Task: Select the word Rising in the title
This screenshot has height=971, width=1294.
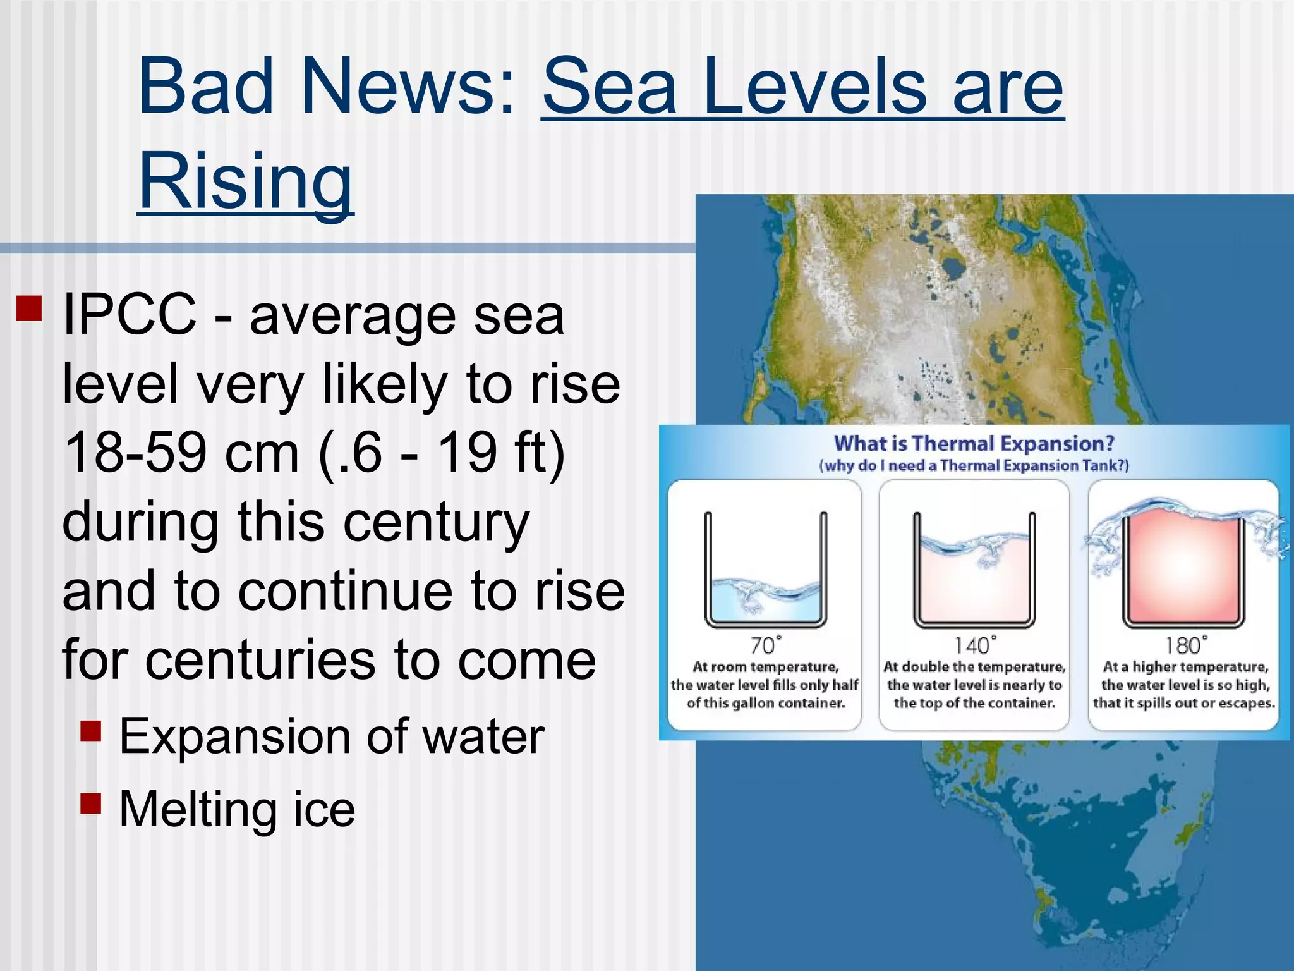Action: coord(245,180)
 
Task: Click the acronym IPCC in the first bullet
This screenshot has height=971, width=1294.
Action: coord(130,314)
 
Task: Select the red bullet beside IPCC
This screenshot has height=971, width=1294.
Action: coord(29,308)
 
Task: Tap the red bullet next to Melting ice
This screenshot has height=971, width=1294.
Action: coord(91,803)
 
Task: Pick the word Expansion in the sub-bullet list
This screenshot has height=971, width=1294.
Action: coord(236,736)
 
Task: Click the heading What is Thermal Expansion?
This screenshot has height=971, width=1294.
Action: coord(974,443)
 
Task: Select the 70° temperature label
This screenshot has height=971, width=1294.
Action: coord(765,645)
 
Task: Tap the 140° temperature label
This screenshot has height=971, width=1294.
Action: coord(974,645)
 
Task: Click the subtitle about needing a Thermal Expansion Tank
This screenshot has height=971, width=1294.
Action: coord(974,466)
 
